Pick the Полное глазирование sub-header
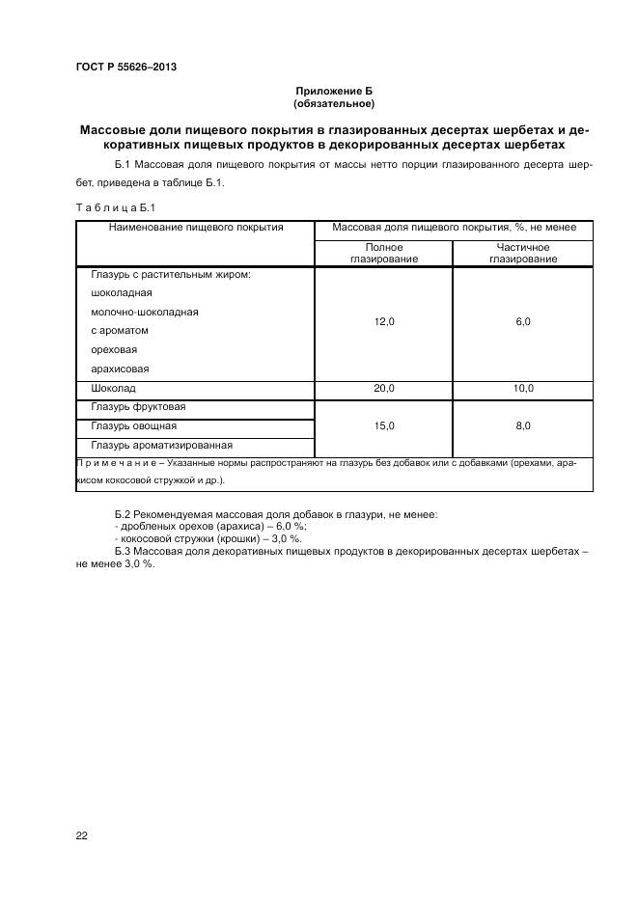(x=384, y=254)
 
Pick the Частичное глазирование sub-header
(x=522, y=254)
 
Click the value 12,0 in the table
(x=384, y=322)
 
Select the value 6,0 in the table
(x=522, y=322)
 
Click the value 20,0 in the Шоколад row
(x=384, y=388)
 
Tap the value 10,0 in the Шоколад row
(x=522, y=388)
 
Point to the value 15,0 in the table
(x=384, y=425)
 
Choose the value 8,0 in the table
(x=522, y=425)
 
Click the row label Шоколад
(x=112, y=388)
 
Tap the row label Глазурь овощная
(x=133, y=425)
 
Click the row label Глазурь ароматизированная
(x=161, y=445)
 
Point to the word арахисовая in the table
(x=120, y=369)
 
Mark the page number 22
(x=82, y=835)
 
